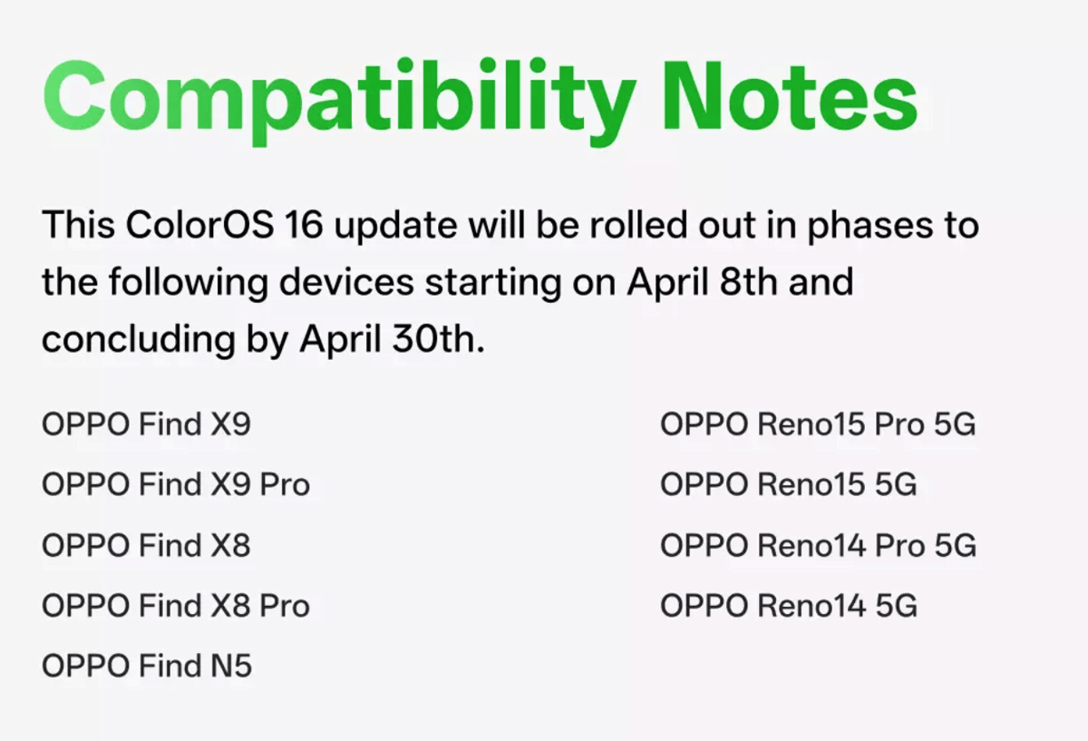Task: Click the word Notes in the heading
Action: coord(789,96)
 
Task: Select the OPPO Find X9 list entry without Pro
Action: coord(146,424)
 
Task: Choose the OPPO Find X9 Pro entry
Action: coord(176,485)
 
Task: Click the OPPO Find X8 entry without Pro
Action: coord(146,546)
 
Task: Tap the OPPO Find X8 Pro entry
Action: coord(176,606)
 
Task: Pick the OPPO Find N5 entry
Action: coord(147,667)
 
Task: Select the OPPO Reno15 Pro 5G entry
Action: coord(818,424)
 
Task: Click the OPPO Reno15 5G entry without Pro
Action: coord(788,485)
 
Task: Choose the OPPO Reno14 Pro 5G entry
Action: coord(818,546)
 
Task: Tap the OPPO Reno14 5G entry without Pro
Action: coord(788,606)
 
